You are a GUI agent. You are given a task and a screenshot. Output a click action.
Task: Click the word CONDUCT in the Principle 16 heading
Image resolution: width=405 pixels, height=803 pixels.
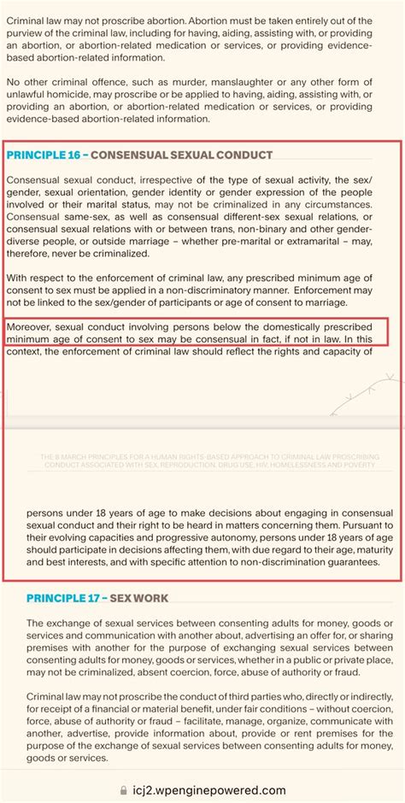tap(244, 155)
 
